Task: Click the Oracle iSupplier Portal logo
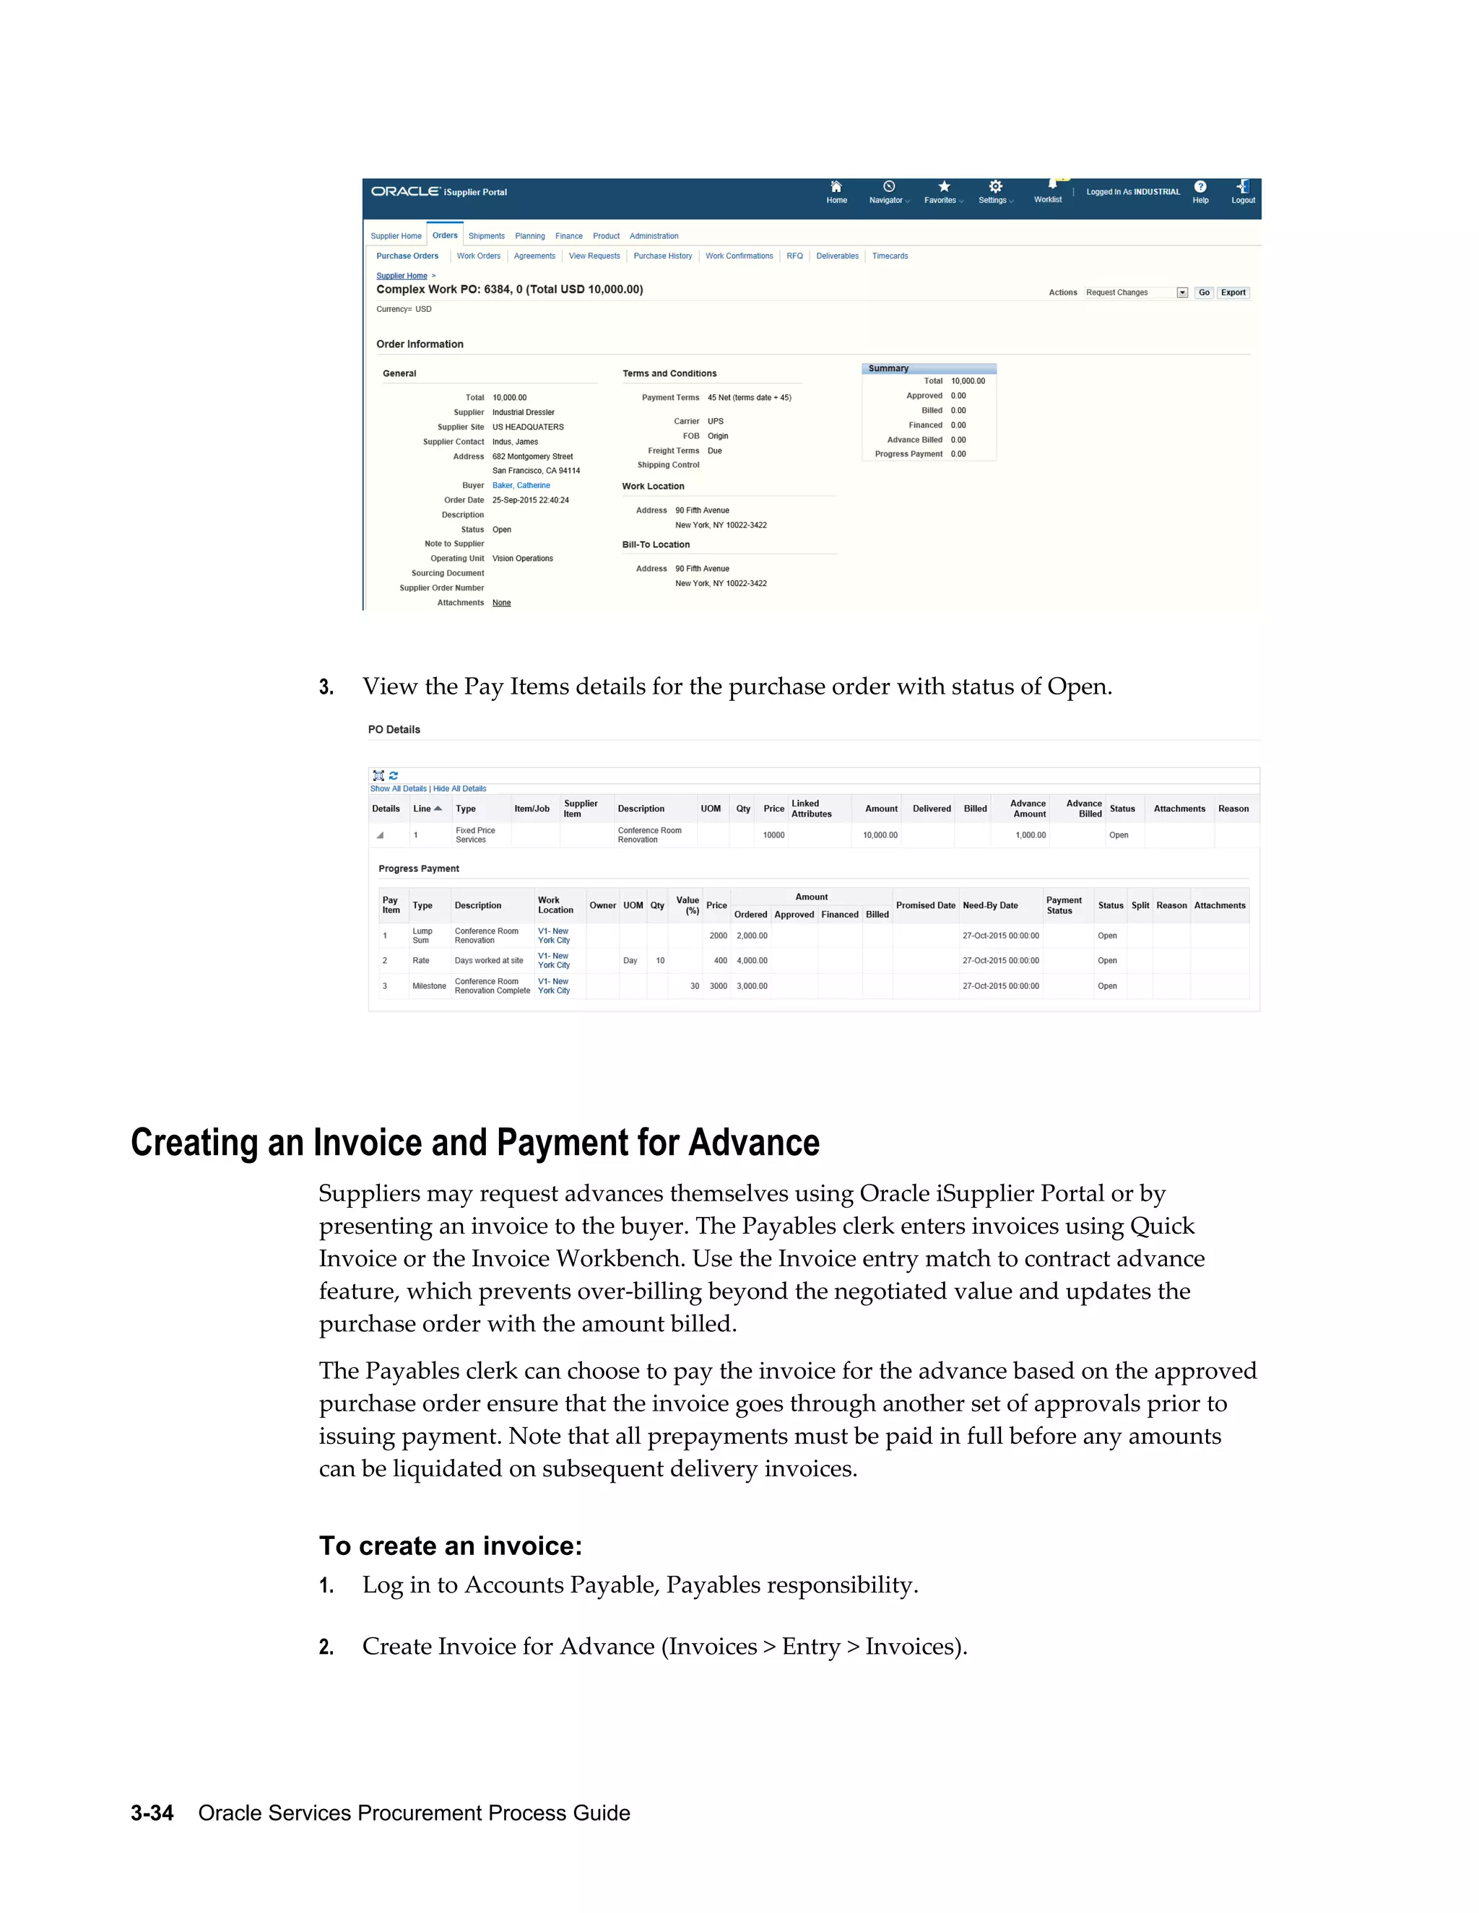tap(439, 192)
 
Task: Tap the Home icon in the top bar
tap(836, 188)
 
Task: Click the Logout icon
tap(1242, 188)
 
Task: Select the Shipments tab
tap(486, 237)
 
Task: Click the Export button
tap(1233, 292)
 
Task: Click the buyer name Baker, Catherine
tap(521, 485)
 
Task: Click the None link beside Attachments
tap(501, 603)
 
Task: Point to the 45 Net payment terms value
tap(749, 398)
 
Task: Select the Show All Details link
tap(398, 788)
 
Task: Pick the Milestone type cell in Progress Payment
tap(430, 986)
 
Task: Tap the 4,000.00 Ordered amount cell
tap(752, 961)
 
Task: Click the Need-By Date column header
tap(990, 906)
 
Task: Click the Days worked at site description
tap(488, 961)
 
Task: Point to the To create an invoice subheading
tap(451, 1546)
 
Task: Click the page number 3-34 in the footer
tap(152, 1813)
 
